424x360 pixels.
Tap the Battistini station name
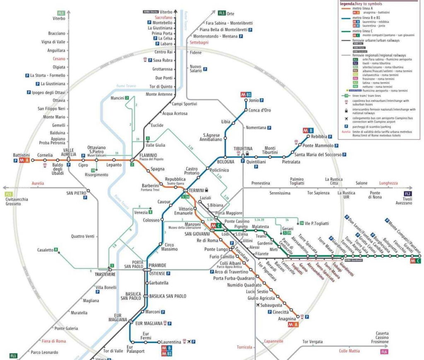[x=22, y=155]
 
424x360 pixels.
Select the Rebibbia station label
[x=319, y=137]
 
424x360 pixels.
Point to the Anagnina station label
[x=287, y=319]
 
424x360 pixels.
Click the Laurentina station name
[x=171, y=342]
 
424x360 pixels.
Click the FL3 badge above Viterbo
[x=61, y=12]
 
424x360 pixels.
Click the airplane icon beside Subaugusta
[x=258, y=305]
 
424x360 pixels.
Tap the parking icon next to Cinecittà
[x=270, y=312]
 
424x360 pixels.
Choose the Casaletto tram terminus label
[x=45, y=250]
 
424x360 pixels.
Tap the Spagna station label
[x=157, y=169]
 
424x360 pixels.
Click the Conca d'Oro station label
[x=260, y=110]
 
